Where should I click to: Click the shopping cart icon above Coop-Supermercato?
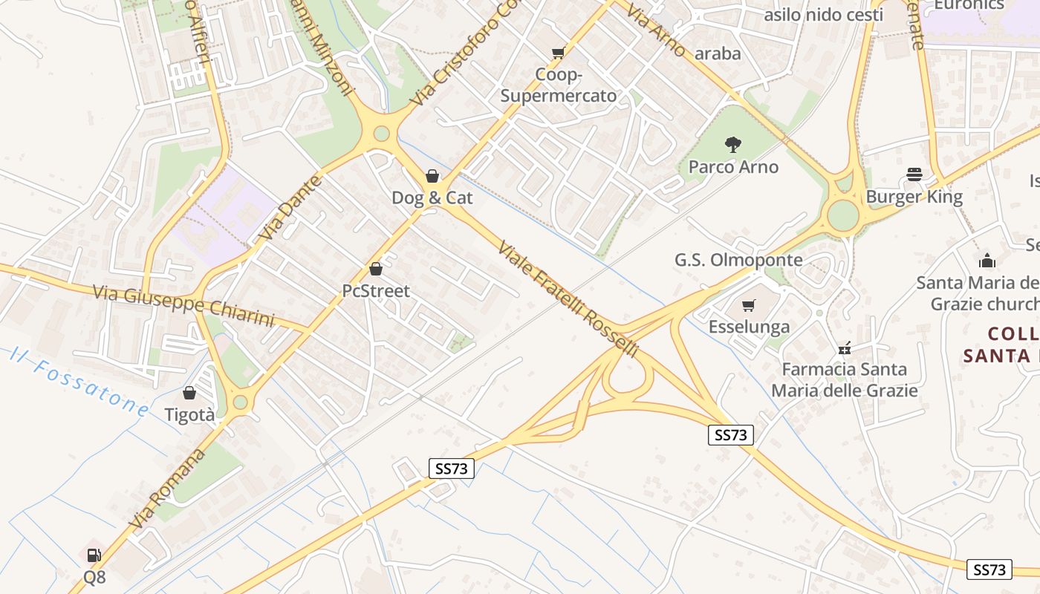[558, 53]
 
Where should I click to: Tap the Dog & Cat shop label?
[432, 198]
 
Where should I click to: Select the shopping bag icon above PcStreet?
[376, 269]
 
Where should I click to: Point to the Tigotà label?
[189, 414]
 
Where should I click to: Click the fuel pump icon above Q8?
[94, 555]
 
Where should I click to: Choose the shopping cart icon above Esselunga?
[749, 305]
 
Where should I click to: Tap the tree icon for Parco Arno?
[733, 145]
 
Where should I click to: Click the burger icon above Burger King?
[914, 174]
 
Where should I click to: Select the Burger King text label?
[914, 197]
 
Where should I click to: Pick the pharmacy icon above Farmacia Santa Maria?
[845, 347]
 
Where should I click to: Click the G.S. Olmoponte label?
[738, 260]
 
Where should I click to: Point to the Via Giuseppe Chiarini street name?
[183, 304]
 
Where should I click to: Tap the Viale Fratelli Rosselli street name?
[568, 298]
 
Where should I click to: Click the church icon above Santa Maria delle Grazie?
[987, 261]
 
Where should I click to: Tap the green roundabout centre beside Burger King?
[843, 215]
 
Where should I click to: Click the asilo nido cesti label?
[823, 15]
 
